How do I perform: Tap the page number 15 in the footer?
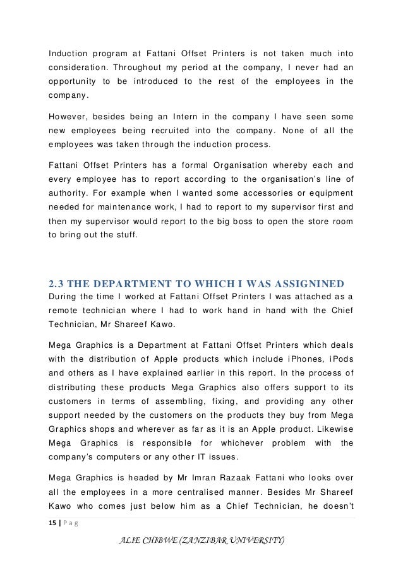click(x=53, y=523)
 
